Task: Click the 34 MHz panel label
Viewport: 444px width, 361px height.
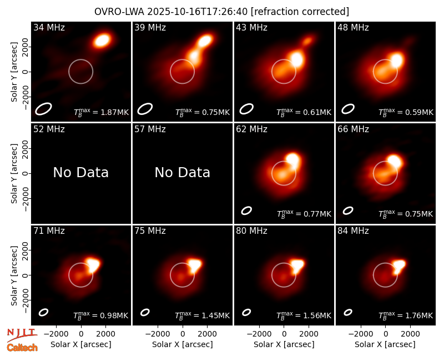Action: pos(49,27)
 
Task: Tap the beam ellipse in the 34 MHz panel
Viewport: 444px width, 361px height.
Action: pos(43,109)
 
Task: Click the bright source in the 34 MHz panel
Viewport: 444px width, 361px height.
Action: pos(102,40)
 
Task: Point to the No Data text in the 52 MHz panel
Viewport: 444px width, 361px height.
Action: pos(80,172)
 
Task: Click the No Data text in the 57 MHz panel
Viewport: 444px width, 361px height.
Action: pos(183,172)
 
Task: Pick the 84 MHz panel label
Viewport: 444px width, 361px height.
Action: pos(353,231)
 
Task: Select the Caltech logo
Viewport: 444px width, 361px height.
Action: pos(22,348)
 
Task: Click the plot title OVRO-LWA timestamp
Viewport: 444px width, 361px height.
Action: pos(221,12)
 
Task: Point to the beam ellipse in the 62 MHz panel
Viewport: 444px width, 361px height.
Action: pos(246,210)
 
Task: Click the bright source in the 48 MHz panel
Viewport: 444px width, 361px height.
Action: pos(396,60)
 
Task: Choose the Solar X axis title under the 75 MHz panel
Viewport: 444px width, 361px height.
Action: pos(183,344)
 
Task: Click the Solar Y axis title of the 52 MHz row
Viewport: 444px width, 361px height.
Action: pos(14,173)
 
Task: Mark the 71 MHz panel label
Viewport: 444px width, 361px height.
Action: pos(49,231)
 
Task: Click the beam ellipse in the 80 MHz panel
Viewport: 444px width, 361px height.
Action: pos(246,312)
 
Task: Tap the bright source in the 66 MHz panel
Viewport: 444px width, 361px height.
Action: pos(394,161)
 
